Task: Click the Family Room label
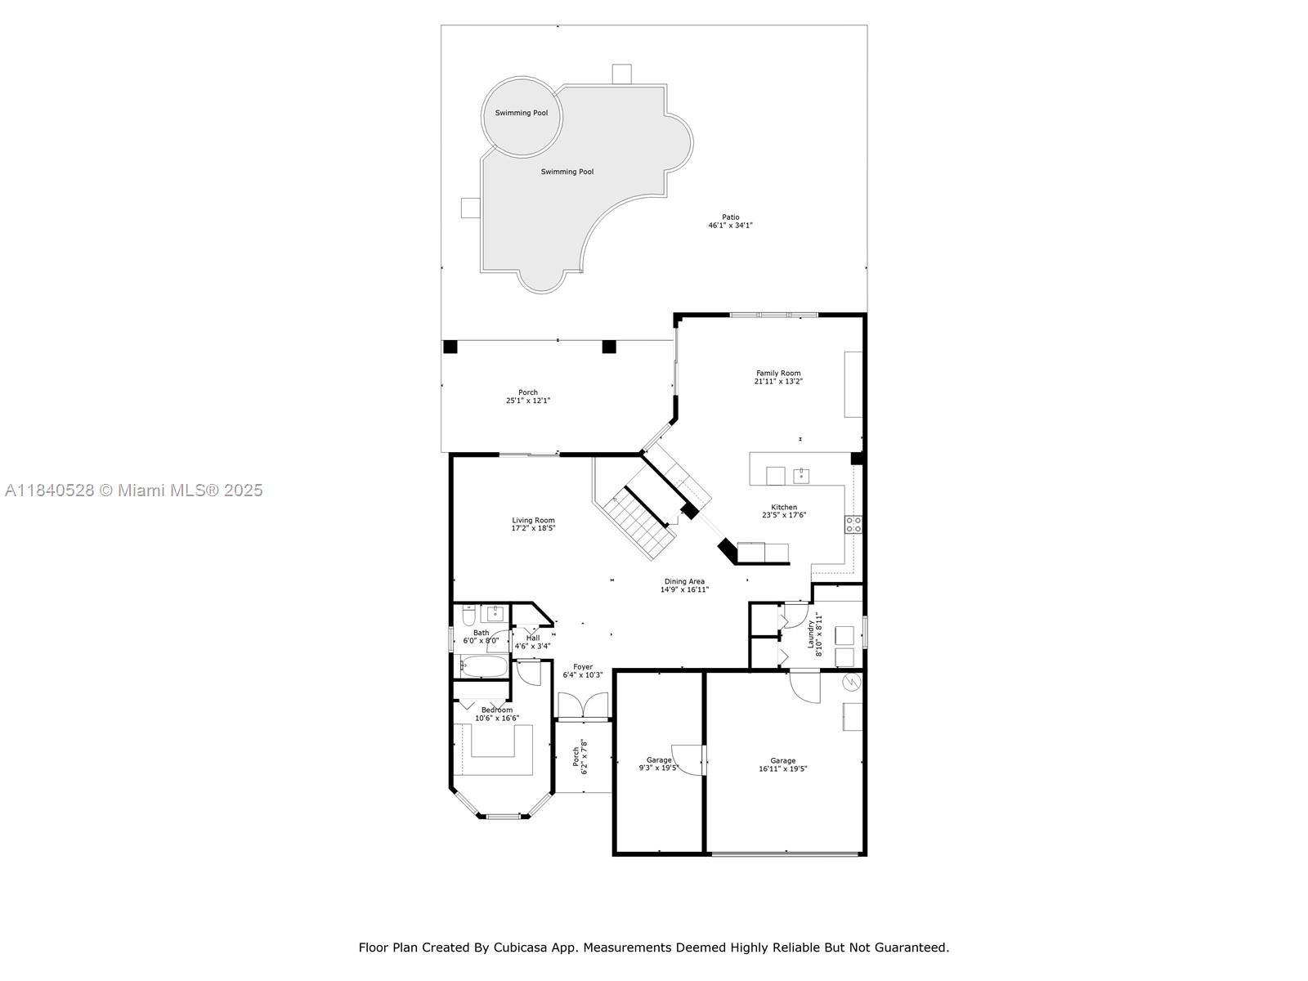pyautogui.click(x=778, y=374)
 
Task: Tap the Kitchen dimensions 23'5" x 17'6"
pyautogui.click(x=784, y=515)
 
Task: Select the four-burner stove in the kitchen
pyautogui.click(x=853, y=524)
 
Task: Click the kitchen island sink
pyautogui.click(x=801, y=475)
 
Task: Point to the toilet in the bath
pyautogui.click(x=469, y=614)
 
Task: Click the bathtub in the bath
pyautogui.click(x=484, y=666)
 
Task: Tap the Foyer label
pyautogui.click(x=583, y=667)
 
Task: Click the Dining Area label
pyautogui.click(x=685, y=581)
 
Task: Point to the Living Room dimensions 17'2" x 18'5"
pyautogui.click(x=533, y=528)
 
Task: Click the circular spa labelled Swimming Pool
pyautogui.click(x=522, y=116)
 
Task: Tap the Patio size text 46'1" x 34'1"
pyautogui.click(x=731, y=226)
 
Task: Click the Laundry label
pyautogui.click(x=811, y=634)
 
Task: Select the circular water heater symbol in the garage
pyautogui.click(x=852, y=682)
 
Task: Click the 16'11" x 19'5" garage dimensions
pyautogui.click(x=783, y=769)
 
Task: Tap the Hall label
pyautogui.click(x=533, y=638)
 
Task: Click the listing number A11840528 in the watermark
pyautogui.click(x=50, y=490)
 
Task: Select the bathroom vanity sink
pyautogui.click(x=495, y=613)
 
